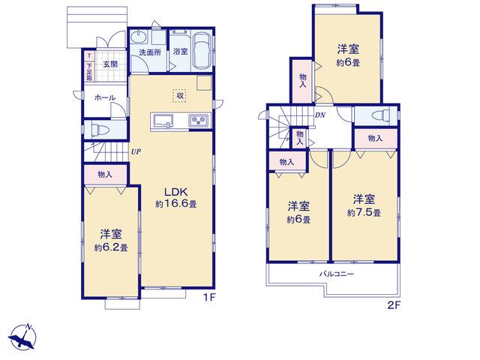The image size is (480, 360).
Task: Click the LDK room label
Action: pos(175,192)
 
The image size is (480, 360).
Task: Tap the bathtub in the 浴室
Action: pos(202,51)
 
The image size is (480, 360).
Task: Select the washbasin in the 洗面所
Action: pos(139,37)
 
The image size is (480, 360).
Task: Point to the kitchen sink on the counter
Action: pos(163,120)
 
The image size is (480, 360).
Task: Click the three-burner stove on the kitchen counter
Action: pos(199,120)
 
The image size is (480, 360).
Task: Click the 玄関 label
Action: pos(110,64)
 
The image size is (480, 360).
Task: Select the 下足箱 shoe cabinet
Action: pos(89,66)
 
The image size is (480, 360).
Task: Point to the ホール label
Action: pos(105,97)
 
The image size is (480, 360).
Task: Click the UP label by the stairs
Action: pos(136,151)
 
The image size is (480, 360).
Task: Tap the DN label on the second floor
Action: pos(320,115)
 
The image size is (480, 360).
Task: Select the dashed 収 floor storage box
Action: pos(180,96)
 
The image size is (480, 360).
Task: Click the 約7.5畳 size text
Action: pos(364,213)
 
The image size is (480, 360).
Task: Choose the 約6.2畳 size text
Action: pos(111,247)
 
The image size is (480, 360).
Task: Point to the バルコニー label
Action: pos(337,274)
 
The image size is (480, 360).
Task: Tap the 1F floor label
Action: pos(210,297)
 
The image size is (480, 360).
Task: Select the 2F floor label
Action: pos(394,305)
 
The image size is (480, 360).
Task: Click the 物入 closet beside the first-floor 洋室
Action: pos(105,175)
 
